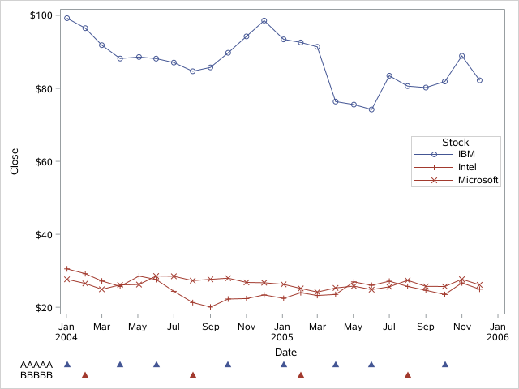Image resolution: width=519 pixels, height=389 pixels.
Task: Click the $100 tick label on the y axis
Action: pos(41,15)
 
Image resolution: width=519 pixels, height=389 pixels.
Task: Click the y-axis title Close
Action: pos(14,160)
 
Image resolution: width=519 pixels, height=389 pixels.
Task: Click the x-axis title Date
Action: pos(285,352)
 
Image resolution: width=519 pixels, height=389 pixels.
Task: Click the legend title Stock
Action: pos(455,142)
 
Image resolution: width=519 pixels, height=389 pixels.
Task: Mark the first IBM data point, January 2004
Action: pos(66,18)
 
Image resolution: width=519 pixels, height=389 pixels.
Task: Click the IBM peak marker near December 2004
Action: pos(264,20)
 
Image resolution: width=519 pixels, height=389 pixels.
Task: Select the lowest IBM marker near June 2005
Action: pos(371,109)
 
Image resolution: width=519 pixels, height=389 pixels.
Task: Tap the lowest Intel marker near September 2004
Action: pos(210,307)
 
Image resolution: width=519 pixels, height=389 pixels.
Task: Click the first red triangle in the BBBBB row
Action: pos(84,375)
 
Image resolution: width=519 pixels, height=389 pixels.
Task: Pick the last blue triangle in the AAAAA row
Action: pos(444,365)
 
